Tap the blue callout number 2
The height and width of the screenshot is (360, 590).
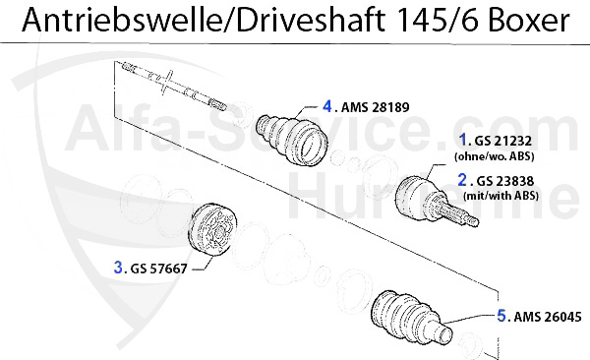(463, 180)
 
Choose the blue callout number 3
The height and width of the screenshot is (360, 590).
(119, 266)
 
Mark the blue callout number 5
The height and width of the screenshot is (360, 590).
(501, 316)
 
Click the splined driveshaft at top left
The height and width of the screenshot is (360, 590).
(172, 84)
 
